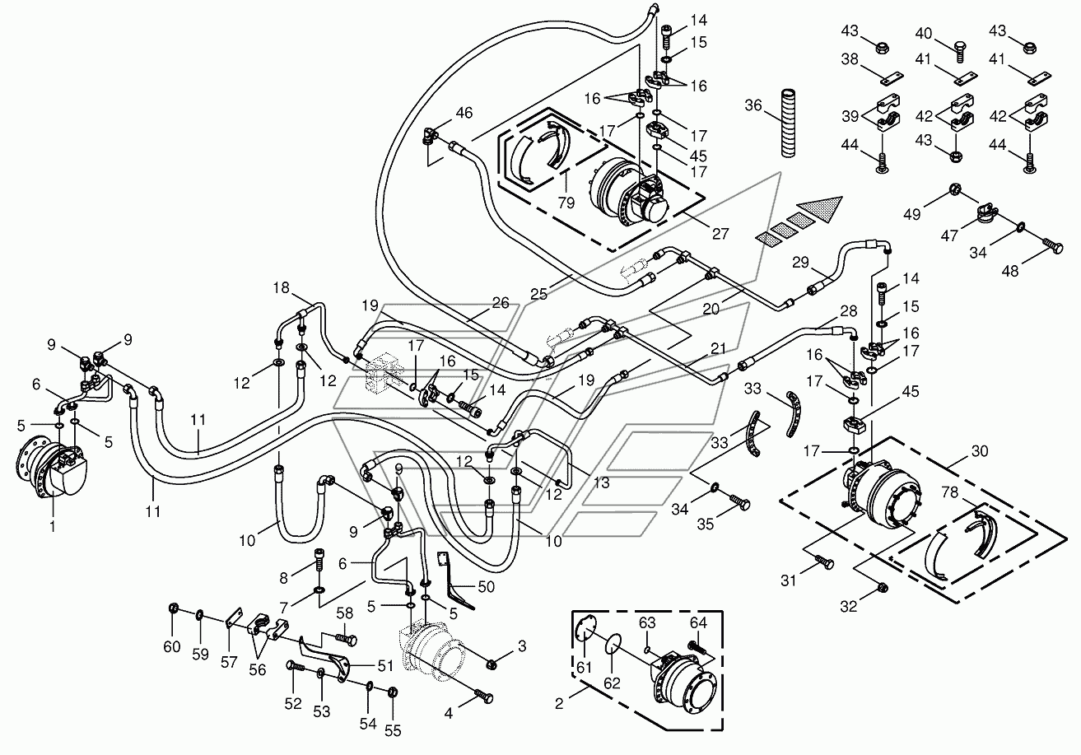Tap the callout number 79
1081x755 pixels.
[x=566, y=203]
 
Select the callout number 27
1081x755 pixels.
[x=720, y=234]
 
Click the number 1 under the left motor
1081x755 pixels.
[x=52, y=525]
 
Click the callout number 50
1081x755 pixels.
[x=486, y=586]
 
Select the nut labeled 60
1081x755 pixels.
[x=174, y=608]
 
